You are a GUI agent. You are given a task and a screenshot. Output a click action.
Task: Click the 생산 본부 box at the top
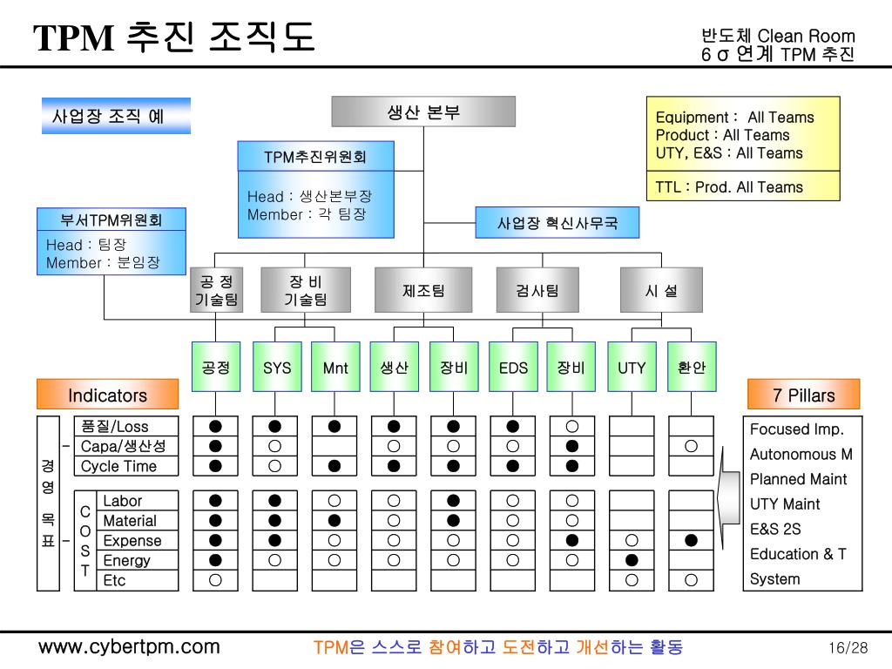pyautogui.click(x=423, y=111)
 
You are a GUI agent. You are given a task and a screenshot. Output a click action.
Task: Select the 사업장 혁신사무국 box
pyautogui.click(x=557, y=223)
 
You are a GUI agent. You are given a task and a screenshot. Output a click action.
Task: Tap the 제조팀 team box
pyautogui.click(x=423, y=291)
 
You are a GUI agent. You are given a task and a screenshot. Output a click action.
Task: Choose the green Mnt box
pyautogui.click(x=335, y=368)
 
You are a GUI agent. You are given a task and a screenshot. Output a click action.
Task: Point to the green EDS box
pyautogui.click(x=513, y=368)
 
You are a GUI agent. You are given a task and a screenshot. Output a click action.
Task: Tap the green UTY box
pyautogui.click(x=632, y=368)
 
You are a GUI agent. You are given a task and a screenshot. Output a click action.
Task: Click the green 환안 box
pyautogui.click(x=692, y=368)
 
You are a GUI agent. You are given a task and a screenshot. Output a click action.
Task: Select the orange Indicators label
pyautogui.click(x=107, y=395)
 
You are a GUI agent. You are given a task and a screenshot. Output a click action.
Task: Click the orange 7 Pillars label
pyautogui.click(x=803, y=395)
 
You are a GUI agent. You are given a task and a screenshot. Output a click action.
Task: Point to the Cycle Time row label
pyautogui.click(x=119, y=466)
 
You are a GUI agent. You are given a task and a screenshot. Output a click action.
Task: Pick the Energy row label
pyautogui.click(x=126, y=561)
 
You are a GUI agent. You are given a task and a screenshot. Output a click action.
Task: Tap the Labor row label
pyautogui.click(x=122, y=501)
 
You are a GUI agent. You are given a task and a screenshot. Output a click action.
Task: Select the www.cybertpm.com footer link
pyautogui.click(x=128, y=647)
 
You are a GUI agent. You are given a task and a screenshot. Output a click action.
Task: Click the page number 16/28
pyautogui.click(x=848, y=648)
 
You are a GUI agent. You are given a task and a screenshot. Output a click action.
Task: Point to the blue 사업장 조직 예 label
pyautogui.click(x=114, y=116)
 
